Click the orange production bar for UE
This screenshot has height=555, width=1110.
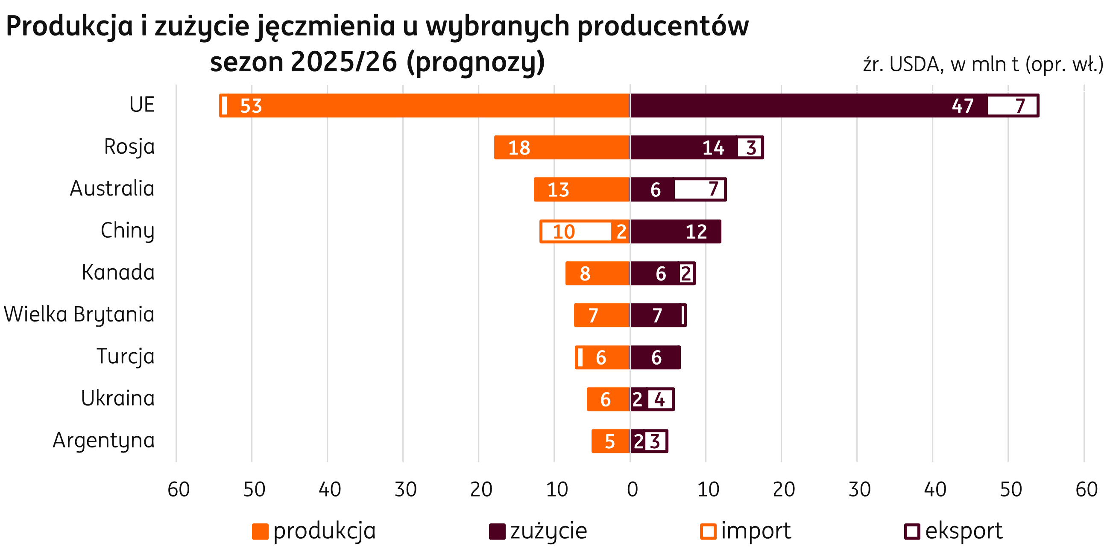[431, 105]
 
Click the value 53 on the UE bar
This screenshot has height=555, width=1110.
[251, 106]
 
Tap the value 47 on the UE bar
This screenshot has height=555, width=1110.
[963, 106]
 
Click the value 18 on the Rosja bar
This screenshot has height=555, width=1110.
[519, 148]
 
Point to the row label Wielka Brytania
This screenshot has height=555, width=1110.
[79, 314]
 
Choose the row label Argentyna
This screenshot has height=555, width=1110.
[103, 441]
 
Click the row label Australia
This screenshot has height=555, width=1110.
[112, 189]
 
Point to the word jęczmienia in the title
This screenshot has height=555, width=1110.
[325, 27]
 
